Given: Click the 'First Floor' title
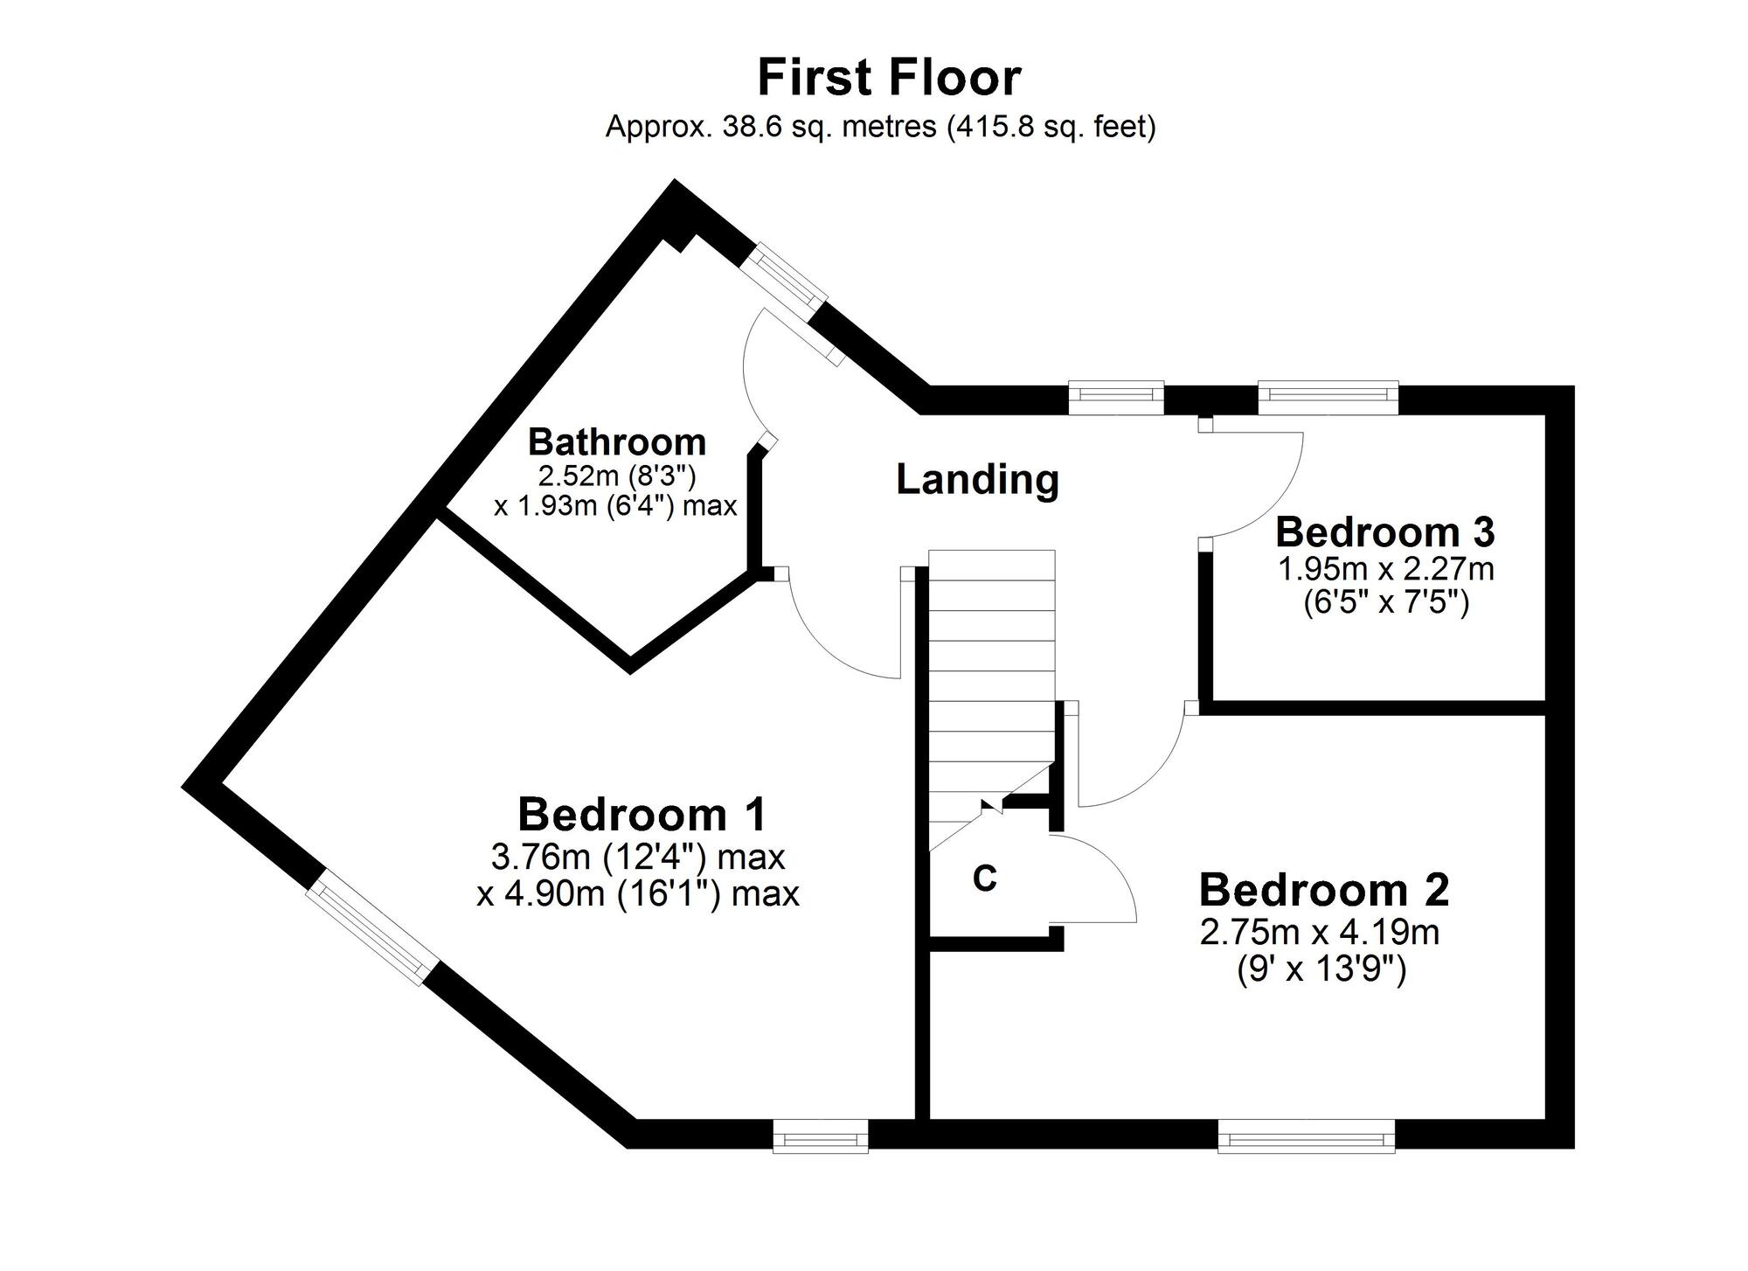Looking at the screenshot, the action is [889, 77].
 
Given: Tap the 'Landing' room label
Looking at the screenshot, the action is [977, 480].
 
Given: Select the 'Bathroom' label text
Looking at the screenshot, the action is [617, 442].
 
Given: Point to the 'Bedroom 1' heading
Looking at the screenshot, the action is [642, 815].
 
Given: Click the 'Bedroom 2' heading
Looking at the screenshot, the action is [1323, 890].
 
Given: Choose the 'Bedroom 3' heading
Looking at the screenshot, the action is [1385, 531].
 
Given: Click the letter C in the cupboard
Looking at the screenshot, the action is [985, 879].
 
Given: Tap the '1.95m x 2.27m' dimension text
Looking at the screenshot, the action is [1386, 570].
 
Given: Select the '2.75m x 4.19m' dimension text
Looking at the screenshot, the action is [1320, 933].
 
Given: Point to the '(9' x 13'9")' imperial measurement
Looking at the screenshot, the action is [1321, 970].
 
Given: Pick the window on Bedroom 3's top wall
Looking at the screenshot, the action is [1328, 398].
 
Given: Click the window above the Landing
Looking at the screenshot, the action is [1116, 398].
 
